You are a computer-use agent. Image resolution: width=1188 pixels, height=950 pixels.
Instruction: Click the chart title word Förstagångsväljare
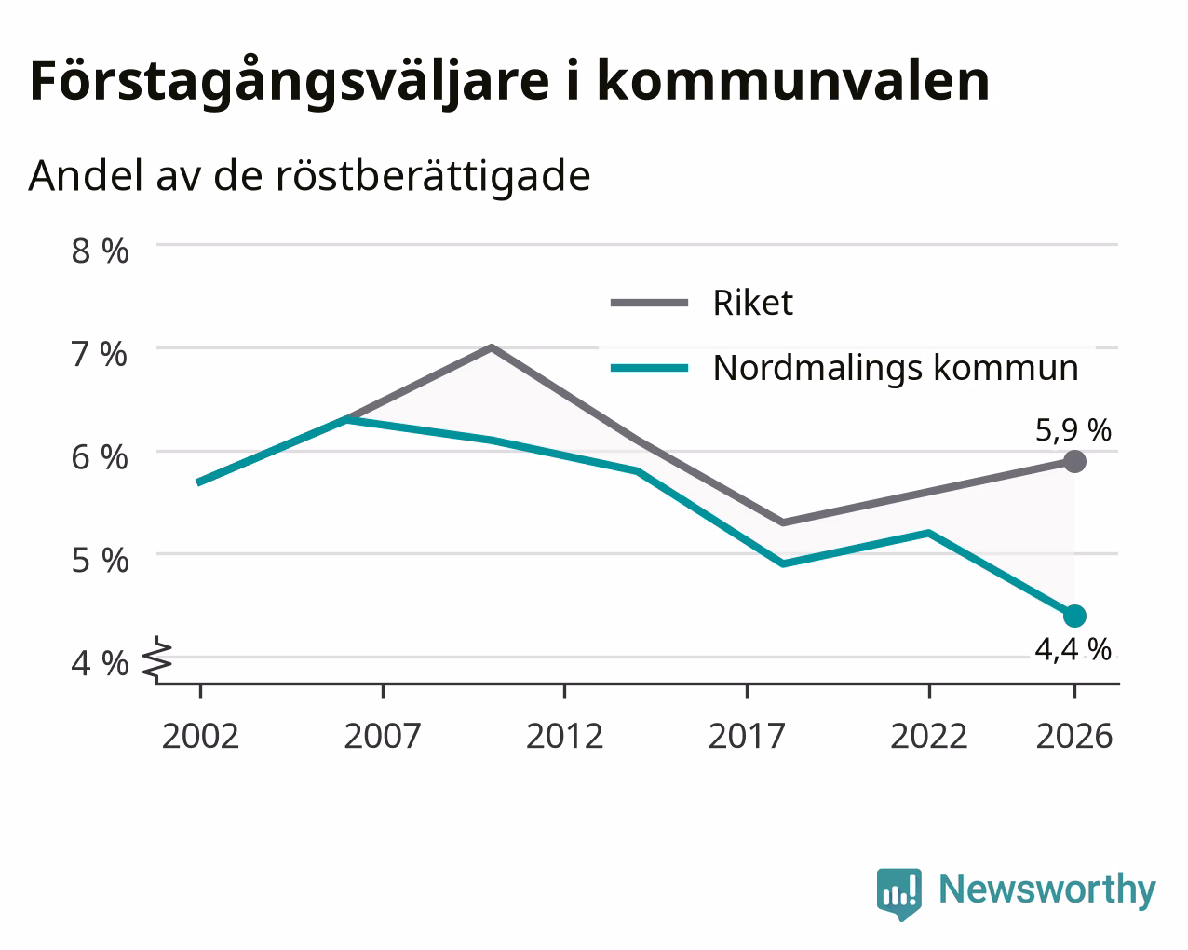click(x=290, y=82)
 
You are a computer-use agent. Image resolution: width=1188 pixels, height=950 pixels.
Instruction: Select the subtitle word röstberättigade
click(x=433, y=177)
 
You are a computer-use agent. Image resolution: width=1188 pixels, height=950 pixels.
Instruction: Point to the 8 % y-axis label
click(x=100, y=251)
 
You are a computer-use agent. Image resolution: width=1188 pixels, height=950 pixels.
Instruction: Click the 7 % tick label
click(x=100, y=354)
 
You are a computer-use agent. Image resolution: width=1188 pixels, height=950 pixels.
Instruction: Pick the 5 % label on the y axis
click(x=100, y=561)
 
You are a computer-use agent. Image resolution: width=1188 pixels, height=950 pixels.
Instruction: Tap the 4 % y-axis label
click(x=100, y=663)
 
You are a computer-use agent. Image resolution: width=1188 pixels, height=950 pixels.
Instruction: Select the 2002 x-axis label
click(x=200, y=736)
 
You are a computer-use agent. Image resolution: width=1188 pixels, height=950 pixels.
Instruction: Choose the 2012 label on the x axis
click(x=565, y=736)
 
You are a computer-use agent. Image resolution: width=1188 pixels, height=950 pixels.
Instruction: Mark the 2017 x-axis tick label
click(x=747, y=736)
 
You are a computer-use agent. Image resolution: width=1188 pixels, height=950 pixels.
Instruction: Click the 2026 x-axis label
click(x=1074, y=736)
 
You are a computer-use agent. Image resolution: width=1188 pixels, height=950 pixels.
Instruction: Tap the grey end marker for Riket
click(x=1074, y=461)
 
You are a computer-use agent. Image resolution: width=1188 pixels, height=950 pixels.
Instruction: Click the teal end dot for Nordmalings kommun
click(x=1074, y=616)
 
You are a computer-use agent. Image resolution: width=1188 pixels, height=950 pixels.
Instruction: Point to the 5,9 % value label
click(x=1073, y=430)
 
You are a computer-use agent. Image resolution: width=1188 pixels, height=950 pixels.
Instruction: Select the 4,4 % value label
click(x=1073, y=649)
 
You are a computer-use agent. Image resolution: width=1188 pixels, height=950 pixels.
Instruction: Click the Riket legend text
click(x=753, y=303)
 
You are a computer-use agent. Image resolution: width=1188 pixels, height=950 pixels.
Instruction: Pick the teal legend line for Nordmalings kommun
click(x=649, y=368)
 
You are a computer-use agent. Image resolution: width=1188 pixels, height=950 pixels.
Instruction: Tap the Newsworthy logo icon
click(x=898, y=894)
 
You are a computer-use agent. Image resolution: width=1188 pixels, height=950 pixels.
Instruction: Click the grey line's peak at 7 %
click(x=492, y=346)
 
